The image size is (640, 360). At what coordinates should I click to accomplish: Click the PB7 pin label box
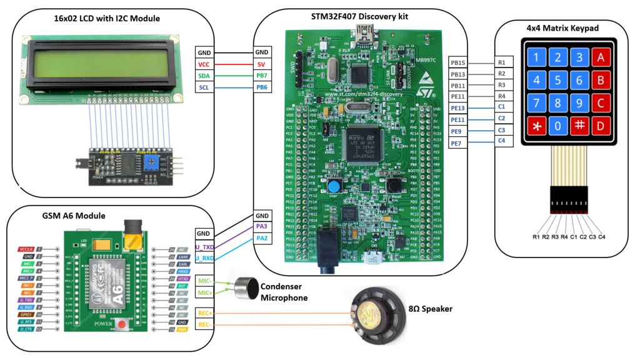pyautogui.click(x=262, y=76)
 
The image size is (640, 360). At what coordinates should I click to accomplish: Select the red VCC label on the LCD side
pyautogui.click(x=204, y=64)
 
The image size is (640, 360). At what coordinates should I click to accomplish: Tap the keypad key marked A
pyautogui.click(x=601, y=57)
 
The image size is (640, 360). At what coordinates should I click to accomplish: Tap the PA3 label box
pyautogui.click(x=262, y=226)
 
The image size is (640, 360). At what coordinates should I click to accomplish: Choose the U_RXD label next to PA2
pyautogui.click(x=204, y=257)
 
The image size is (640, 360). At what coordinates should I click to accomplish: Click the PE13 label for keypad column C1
pyautogui.click(x=458, y=107)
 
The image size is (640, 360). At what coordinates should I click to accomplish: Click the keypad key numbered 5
pyautogui.click(x=557, y=80)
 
